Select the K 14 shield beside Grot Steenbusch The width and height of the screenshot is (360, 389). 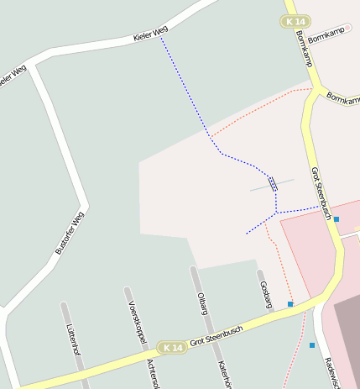pyautogui.click(x=173, y=347)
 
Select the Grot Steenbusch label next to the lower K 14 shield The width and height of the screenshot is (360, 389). pyautogui.click(x=216, y=335)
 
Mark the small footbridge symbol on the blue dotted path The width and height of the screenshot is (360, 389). pyautogui.click(x=272, y=182)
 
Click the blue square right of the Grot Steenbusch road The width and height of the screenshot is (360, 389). pyautogui.click(x=337, y=219)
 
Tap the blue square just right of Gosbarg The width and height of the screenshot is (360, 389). pyautogui.click(x=290, y=303)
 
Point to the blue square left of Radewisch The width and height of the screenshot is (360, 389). pyautogui.click(x=312, y=345)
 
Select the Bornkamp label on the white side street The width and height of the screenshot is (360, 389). pyautogui.click(x=327, y=39)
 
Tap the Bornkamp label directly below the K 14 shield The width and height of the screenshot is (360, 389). pyautogui.click(x=304, y=50)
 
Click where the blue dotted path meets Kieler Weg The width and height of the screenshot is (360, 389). pyautogui.click(x=161, y=38)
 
